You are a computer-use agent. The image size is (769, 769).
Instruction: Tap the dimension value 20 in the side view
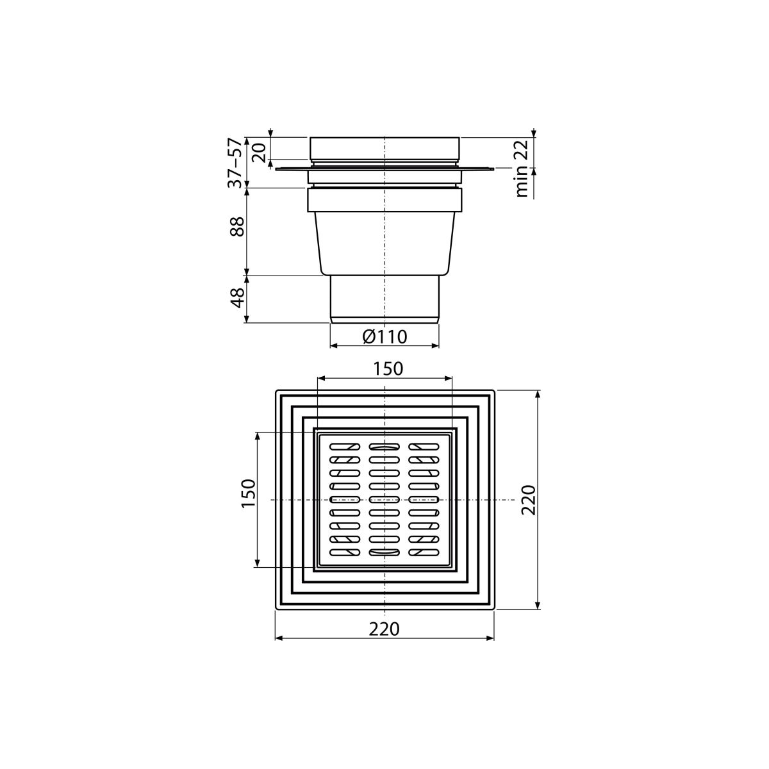(260, 153)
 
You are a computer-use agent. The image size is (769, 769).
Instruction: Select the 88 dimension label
(238, 227)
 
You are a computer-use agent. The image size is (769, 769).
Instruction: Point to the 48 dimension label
(238, 298)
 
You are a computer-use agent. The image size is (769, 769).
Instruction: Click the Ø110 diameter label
(384, 337)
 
